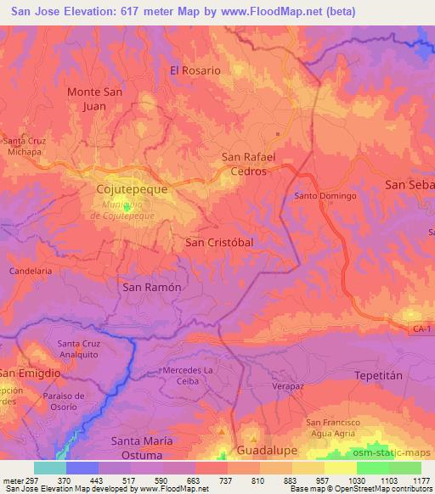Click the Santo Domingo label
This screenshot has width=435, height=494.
click(325, 196)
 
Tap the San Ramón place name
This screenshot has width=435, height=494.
click(153, 287)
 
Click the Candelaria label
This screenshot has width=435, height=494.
click(31, 270)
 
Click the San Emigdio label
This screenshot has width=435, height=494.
click(31, 373)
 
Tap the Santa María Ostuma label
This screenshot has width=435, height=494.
click(143, 448)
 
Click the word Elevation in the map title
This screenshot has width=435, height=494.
click(103, 11)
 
